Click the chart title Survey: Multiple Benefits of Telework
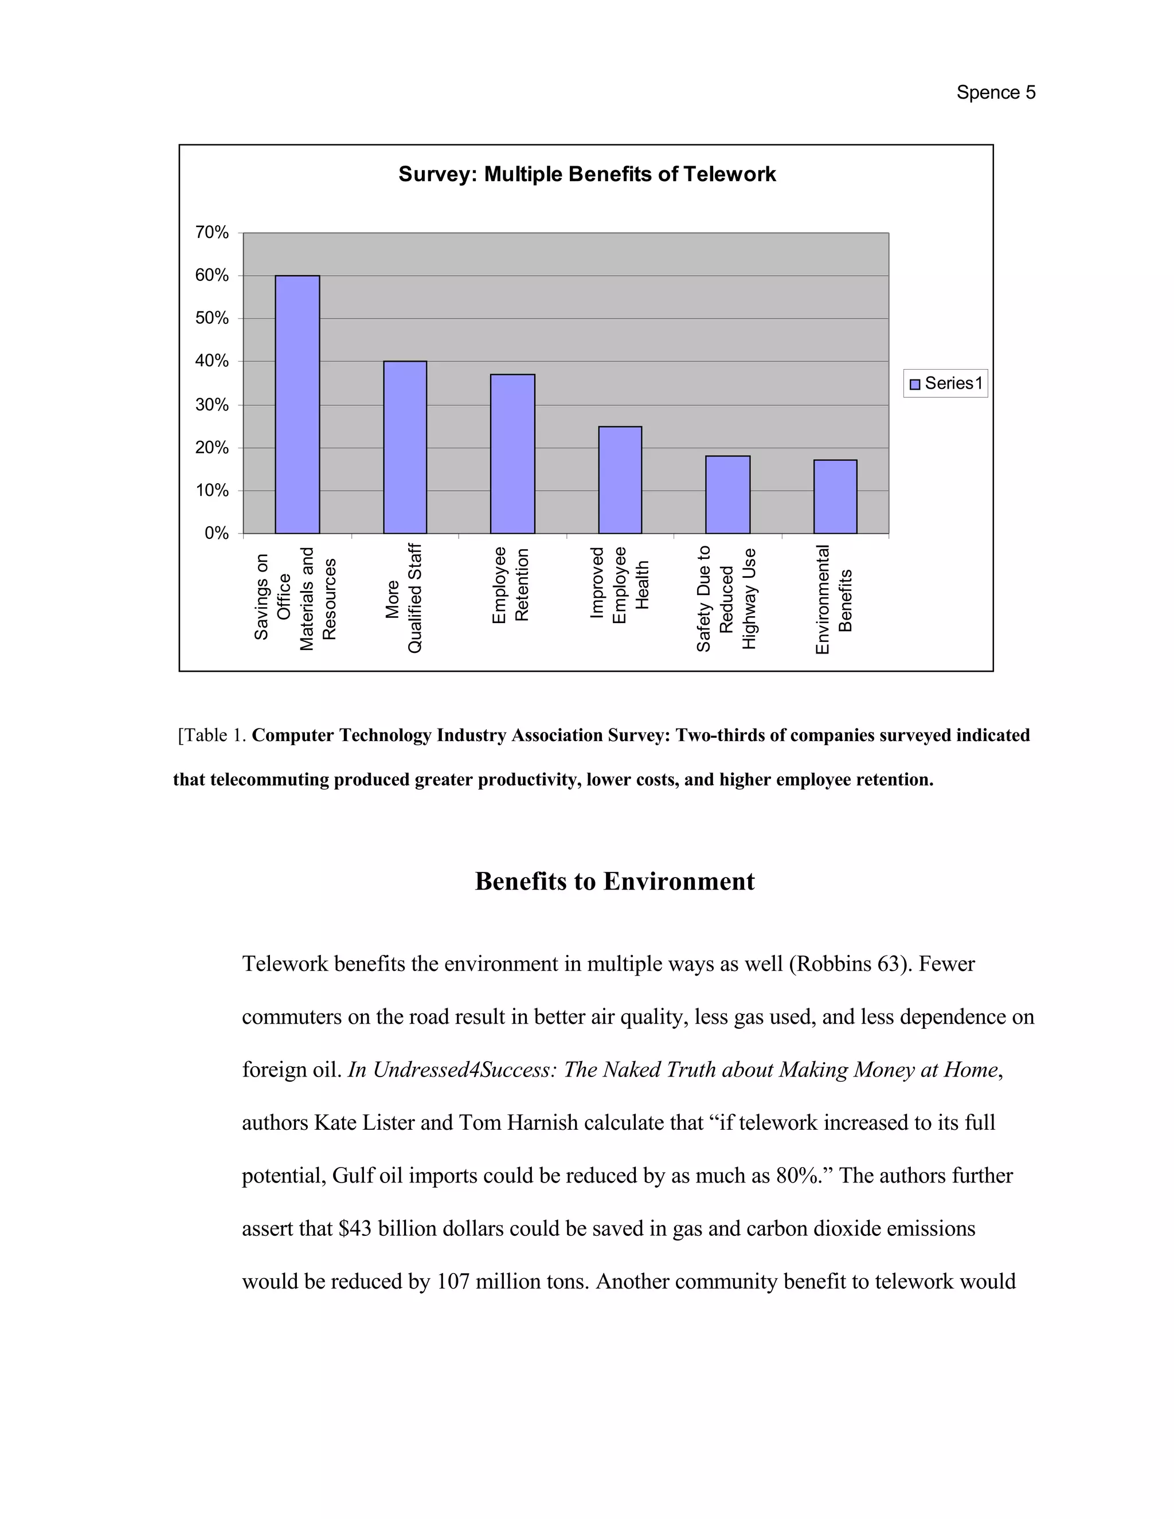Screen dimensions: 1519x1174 tap(586, 174)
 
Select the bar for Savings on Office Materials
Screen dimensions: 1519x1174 tap(297, 405)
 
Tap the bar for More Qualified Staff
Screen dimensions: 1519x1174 tap(405, 447)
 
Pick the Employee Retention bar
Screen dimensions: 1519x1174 tap(512, 453)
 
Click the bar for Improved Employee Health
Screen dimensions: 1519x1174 tap(620, 480)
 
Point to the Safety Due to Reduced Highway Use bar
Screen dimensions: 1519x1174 tap(727, 495)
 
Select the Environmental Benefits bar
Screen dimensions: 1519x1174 tap(835, 496)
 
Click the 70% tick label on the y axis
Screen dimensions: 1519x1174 tap(212, 232)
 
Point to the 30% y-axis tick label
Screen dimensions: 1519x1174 tap(212, 405)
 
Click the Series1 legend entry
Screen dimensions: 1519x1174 tap(946, 383)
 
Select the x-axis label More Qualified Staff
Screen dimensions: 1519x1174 tap(404, 598)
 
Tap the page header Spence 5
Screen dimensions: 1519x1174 tap(995, 92)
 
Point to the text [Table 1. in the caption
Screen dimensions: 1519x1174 tap(212, 735)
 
